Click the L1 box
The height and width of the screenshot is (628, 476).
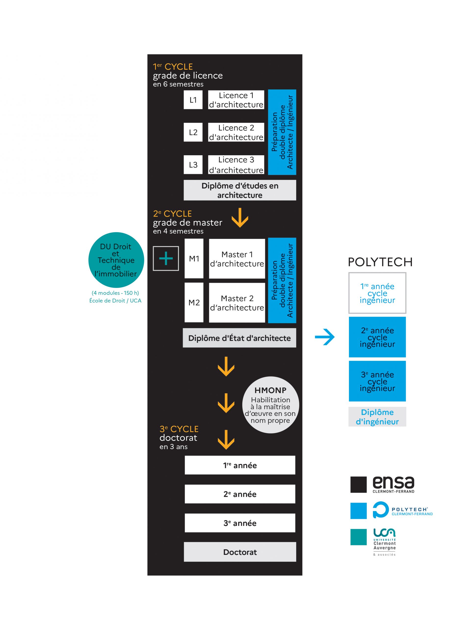click(193, 100)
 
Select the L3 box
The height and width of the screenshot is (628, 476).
click(193, 165)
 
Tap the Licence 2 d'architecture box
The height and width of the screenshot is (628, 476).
click(236, 132)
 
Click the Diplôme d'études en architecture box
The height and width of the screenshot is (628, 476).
click(240, 190)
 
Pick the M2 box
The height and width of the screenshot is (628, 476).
click(194, 302)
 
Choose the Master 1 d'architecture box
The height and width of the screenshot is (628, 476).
click(237, 259)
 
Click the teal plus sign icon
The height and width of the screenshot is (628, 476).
click(166, 258)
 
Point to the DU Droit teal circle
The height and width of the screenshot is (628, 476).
click(116, 260)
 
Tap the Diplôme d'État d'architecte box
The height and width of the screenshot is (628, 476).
click(239, 338)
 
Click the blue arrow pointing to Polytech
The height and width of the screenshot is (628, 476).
click(325, 337)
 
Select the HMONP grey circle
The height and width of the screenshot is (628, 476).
click(270, 405)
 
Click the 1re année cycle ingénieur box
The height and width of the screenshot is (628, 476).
click(377, 293)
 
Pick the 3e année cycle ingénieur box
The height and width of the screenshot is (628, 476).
click(377, 381)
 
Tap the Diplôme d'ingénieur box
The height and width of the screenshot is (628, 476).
click(377, 417)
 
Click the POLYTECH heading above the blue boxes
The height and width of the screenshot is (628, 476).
click(380, 262)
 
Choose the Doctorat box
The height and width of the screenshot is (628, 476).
click(240, 552)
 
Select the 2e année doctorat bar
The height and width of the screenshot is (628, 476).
click(240, 494)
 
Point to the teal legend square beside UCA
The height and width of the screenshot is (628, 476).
click(358, 537)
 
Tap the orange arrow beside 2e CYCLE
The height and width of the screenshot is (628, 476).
click(240, 218)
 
